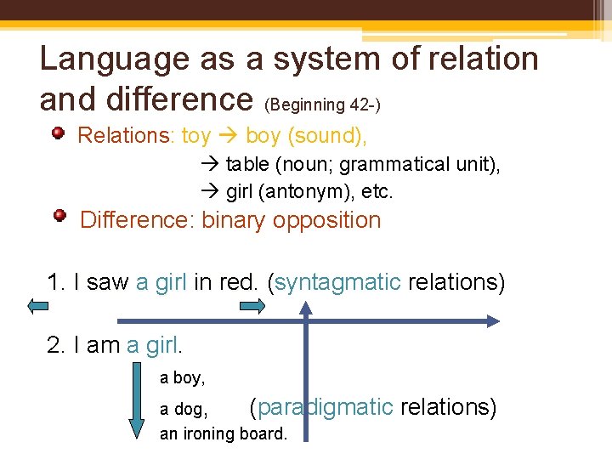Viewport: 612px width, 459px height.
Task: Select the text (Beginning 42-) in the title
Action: [x=322, y=105]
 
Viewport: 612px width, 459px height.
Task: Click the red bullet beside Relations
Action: [x=58, y=133]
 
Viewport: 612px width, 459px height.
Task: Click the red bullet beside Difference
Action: [x=59, y=217]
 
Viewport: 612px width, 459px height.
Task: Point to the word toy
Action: [x=196, y=136]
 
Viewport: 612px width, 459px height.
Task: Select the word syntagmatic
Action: [x=337, y=282]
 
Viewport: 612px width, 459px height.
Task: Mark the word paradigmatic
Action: [x=325, y=407]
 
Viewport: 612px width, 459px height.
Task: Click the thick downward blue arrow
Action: [x=136, y=400]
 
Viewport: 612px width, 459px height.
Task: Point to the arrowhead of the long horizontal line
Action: [x=491, y=320]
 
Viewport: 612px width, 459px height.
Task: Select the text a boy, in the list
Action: [x=182, y=378]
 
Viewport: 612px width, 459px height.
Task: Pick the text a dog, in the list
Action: [x=184, y=410]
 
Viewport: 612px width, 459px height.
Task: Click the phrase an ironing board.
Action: [x=224, y=433]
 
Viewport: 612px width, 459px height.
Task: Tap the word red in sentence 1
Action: [x=240, y=282]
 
